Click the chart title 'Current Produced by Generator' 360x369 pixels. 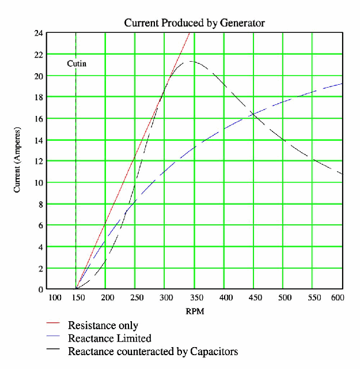pos(194,23)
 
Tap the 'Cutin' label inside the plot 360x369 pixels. pos(77,63)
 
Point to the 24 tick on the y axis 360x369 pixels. pos(39,33)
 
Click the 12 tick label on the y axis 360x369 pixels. pos(39,161)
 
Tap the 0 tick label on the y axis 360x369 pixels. pos(40,289)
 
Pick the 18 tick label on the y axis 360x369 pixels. pos(39,97)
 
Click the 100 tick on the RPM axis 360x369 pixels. pos(55,298)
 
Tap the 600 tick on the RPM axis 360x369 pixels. pos(338,298)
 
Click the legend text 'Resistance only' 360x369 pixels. pos(103,326)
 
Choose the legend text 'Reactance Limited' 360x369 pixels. pos(109,338)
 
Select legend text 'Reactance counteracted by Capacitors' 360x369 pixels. pos(153,351)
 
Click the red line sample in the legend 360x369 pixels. pos(53,326)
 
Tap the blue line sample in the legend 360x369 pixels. pos(53,338)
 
